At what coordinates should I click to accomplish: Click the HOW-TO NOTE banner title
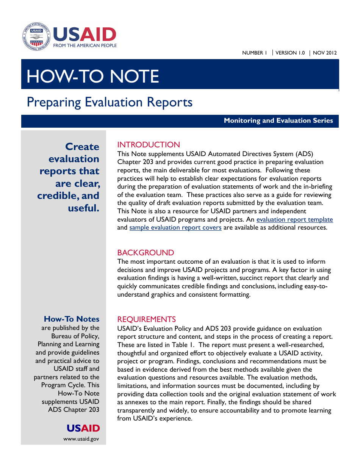pyautogui.click(x=92, y=77)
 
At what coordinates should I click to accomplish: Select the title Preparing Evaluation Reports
pyautogui.click(x=110, y=102)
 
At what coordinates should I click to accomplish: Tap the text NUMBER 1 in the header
pyautogui.click(x=254, y=53)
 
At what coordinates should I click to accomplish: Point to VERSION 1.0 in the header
pyautogui.click(x=290, y=53)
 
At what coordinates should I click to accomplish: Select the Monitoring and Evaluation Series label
pyautogui.click(x=278, y=121)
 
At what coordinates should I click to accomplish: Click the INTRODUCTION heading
pyautogui.click(x=149, y=145)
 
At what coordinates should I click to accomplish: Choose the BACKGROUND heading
pyautogui.click(x=146, y=253)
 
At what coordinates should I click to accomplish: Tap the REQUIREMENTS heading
pyautogui.click(x=146, y=319)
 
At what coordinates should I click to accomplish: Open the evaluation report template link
pyautogui.click(x=294, y=220)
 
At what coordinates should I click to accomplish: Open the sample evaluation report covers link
pyautogui.click(x=175, y=228)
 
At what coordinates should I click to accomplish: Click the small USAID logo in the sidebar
pyautogui.click(x=83, y=428)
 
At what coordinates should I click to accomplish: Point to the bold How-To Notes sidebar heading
pyautogui.click(x=72, y=319)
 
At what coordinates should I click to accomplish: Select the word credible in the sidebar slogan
pyautogui.click(x=57, y=196)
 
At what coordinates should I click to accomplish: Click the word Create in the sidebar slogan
pyautogui.click(x=82, y=147)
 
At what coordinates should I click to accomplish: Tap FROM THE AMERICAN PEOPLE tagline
pyautogui.click(x=85, y=45)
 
